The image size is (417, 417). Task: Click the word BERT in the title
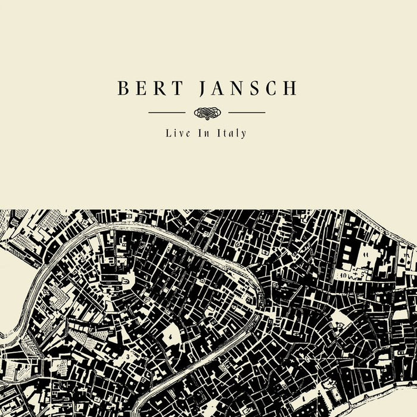tap(147, 88)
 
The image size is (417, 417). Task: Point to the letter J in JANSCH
tap(203, 89)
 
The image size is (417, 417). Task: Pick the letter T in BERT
tap(171, 88)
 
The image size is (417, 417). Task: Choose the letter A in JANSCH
tap(218, 88)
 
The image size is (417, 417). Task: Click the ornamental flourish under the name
tap(207, 112)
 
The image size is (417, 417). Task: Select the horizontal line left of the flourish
tap(167, 112)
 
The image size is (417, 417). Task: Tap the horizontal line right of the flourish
tap(247, 112)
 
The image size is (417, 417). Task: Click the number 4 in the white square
tap(171, 337)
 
